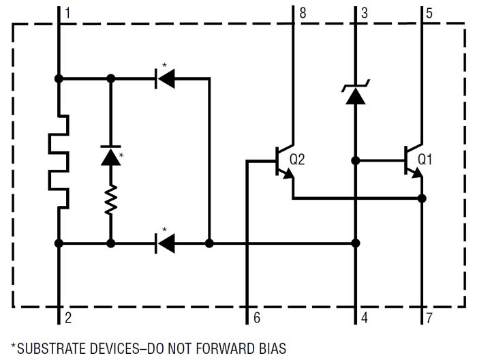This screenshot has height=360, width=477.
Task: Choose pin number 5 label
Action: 429,12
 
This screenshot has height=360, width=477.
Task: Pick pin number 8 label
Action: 302,12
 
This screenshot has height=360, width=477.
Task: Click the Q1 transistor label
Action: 425,160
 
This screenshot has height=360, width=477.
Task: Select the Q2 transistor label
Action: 297,160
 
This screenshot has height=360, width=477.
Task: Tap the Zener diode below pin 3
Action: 355,94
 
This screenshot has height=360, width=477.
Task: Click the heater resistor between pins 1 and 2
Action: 59,161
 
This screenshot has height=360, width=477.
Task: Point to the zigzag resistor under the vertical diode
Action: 110,200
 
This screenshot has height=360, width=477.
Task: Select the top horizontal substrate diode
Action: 165,79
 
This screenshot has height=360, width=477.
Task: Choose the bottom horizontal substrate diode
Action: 165,243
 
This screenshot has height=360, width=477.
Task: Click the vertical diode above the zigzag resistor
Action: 110,155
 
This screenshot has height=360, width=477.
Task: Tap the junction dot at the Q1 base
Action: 355,161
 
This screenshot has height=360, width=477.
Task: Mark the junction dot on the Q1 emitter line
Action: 422,198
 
